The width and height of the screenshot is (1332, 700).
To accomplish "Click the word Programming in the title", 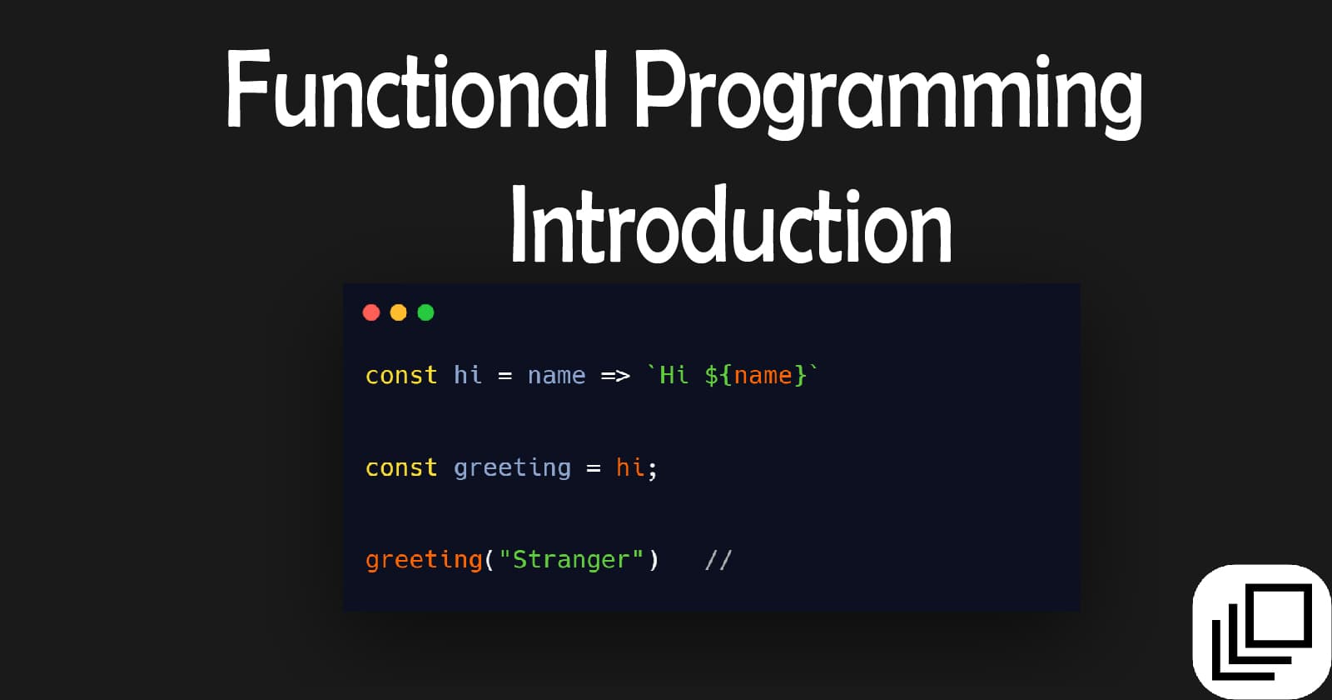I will (x=887, y=92).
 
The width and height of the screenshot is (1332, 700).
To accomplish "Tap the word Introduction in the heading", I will (x=731, y=225).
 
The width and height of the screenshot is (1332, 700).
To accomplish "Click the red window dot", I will (x=371, y=312).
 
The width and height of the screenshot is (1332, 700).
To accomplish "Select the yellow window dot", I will (x=399, y=312).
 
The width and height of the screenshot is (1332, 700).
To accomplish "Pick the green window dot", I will (x=425, y=312).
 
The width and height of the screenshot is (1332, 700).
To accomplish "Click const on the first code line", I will (x=401, y=376).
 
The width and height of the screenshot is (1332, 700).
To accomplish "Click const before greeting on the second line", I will (x=401, y=468).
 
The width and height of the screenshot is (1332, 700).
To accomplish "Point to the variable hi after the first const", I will (x=468, y=375).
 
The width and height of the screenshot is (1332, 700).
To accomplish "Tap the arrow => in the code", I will (x=615, y=377).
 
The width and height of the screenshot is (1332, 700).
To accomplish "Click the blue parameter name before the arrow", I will (x=556, y=377).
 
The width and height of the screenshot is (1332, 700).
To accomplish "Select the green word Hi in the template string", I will (x=673, y=376).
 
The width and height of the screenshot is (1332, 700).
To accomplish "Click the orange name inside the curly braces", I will (x=763, y=377).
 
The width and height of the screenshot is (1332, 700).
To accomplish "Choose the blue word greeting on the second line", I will (x=512, y=469).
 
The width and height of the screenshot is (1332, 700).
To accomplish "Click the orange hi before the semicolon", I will (x=630, y=467).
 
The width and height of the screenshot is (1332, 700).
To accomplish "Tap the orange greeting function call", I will (x=424, y=560).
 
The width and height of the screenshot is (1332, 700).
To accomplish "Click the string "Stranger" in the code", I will (x=571, y=560).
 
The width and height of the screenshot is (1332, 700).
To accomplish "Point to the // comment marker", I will (x=718, y=560).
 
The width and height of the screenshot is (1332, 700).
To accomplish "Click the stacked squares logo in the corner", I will (x=1261, y=631).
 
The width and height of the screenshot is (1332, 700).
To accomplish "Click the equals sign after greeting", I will (x=594, y=469).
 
